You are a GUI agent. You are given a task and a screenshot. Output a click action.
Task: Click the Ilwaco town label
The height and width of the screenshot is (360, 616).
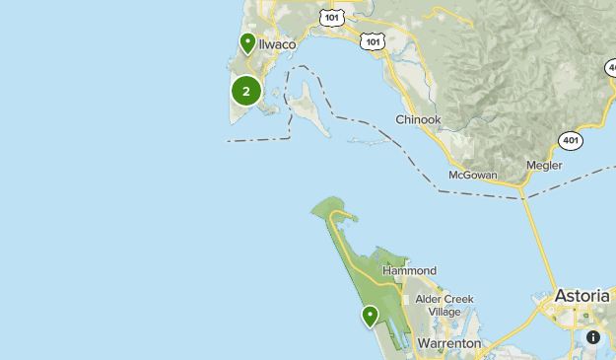tap(279, 44)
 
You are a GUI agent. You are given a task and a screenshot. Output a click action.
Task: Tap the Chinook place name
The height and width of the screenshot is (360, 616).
tap(418, 119)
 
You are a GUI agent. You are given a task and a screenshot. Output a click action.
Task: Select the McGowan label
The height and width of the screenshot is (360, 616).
tap(473, 175)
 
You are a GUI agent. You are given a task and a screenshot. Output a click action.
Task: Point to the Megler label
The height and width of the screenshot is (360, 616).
tap(543, 165)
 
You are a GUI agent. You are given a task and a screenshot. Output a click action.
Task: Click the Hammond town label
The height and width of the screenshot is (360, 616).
tap(409, 270)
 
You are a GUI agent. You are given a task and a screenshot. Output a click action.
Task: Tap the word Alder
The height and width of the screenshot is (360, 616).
tap(431, 299)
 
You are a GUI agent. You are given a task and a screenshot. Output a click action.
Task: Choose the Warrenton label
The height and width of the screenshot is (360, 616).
tap(448, 343)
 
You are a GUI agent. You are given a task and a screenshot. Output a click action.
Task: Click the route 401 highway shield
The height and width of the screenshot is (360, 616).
tap(570, 140)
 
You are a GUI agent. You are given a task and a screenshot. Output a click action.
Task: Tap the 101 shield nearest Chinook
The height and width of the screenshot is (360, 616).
tap(372, 40)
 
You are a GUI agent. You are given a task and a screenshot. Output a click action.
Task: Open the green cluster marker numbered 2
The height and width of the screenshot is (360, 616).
tap(245, 92)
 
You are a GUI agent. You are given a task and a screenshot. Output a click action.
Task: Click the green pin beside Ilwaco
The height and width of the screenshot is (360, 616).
tap(247, 43)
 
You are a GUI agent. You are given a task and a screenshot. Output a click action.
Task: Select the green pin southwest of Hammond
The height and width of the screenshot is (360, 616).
tap(370, 316)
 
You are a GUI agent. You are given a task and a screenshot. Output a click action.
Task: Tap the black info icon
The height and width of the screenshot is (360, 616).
tap(593, 337)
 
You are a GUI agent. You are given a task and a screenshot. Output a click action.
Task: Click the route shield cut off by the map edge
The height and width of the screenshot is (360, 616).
tap(611, 67)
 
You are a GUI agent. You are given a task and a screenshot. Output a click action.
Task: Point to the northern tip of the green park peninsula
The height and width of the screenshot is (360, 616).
tap(314, 208)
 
